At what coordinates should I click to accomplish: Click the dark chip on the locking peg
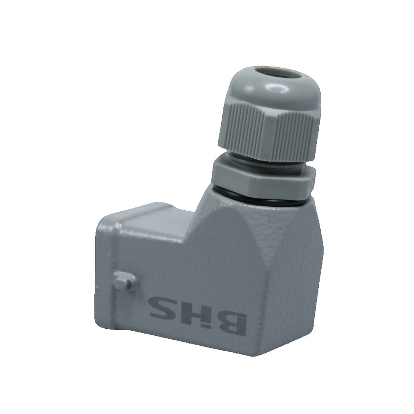point(129,284)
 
